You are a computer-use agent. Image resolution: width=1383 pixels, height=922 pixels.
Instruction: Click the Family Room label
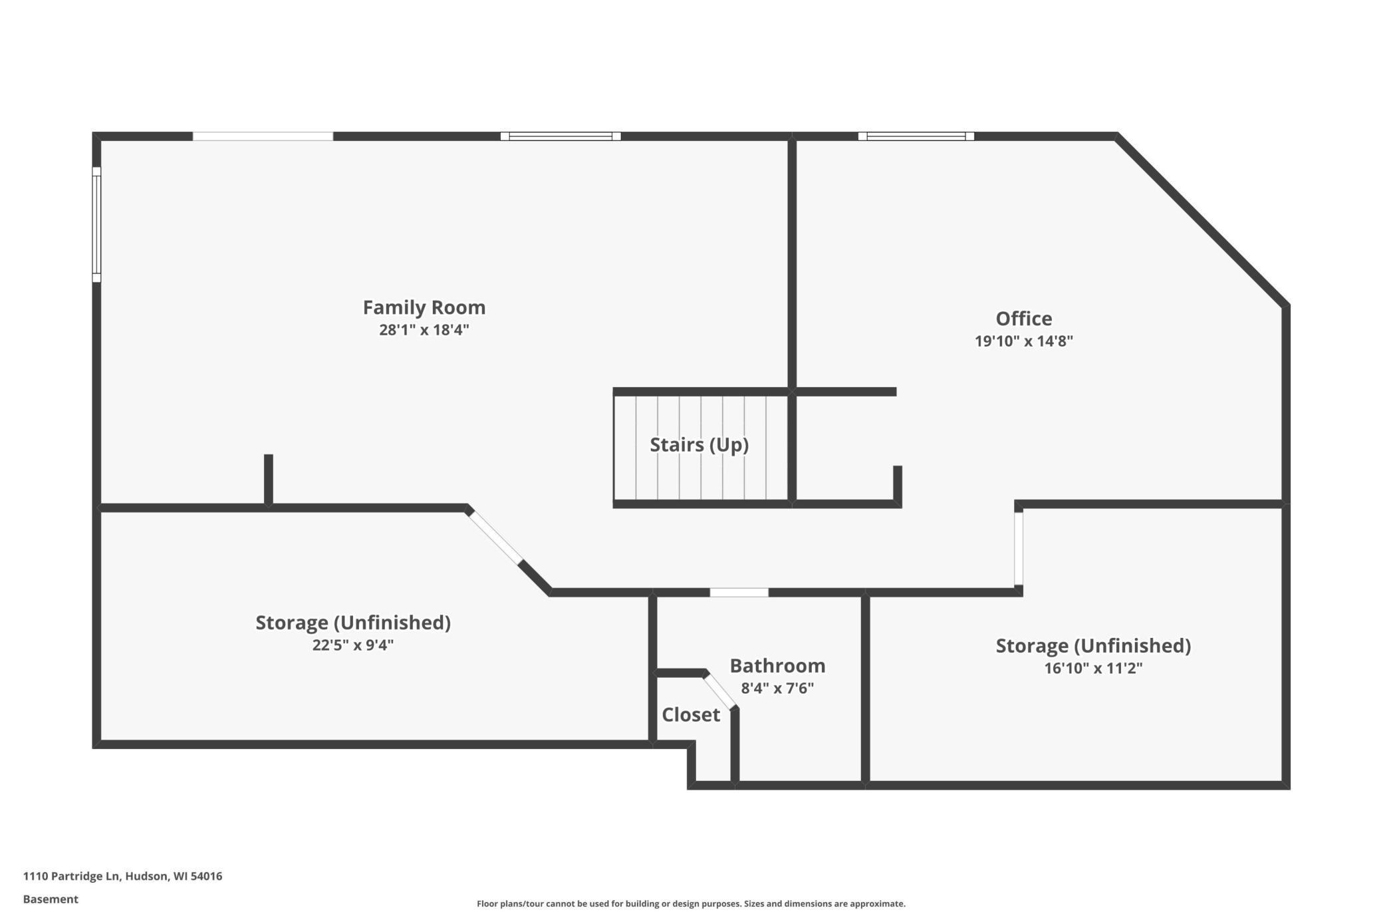point(424,307)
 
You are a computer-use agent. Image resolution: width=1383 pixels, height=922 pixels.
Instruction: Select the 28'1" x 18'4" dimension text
point(424,330)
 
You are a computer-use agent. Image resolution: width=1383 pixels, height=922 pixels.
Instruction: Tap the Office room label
point(1023,319)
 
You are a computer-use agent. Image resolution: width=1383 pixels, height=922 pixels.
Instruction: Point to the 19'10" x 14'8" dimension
point(1023,341)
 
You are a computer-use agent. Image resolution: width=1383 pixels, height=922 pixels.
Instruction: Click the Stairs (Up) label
point(699,444)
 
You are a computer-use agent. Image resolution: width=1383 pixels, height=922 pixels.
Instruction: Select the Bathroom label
point(777,666)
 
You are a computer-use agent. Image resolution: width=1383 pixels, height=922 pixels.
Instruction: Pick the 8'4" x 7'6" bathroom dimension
point(777,689)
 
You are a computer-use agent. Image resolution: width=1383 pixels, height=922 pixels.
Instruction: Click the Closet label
point(691,714)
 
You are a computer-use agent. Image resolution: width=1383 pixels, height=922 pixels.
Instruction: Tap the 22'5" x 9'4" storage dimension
point(353,645)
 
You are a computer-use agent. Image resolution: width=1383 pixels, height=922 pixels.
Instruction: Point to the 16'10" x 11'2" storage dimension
point(1093,668)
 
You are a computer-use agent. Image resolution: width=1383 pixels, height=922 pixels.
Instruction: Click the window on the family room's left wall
point(96,225)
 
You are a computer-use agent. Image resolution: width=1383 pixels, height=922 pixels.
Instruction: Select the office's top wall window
point(916,136)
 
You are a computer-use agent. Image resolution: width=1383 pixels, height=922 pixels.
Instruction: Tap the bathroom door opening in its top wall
point(739,593)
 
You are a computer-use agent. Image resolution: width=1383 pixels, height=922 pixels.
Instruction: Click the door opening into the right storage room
point(1018,549)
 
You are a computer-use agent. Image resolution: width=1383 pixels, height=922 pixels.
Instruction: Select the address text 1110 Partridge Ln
point(122,876)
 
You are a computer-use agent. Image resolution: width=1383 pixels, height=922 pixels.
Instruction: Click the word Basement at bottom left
point(51,899)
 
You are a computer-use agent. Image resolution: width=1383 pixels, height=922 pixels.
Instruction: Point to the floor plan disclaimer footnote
point(691,903)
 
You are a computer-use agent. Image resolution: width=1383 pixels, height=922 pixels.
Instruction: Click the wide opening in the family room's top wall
point(263,136)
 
